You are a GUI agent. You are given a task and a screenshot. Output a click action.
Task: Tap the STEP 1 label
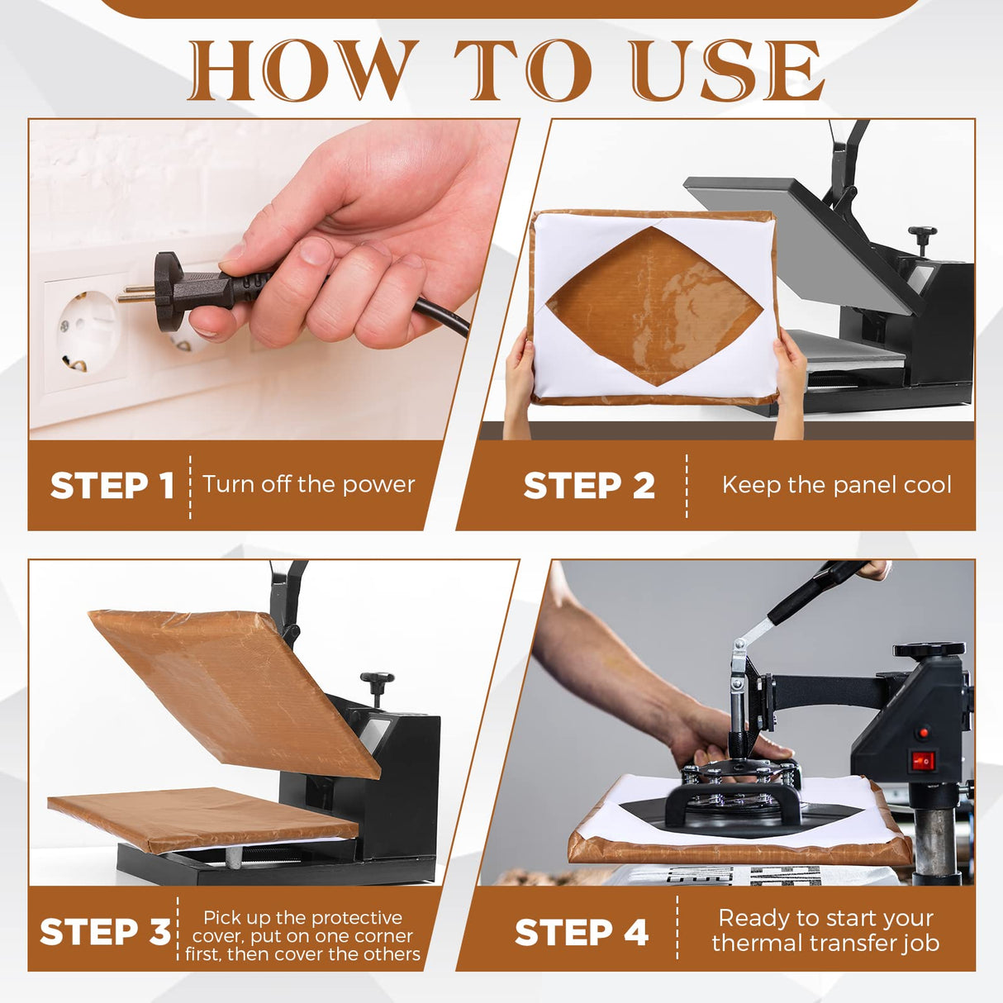coord(112,486)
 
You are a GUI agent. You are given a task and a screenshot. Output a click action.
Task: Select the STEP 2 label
coord(589,486)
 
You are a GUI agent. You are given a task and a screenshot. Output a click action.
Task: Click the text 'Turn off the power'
coord(308,484)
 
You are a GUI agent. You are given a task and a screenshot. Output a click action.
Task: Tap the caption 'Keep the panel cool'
coord(836,485)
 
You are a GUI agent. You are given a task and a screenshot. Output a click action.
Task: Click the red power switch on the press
coord(922,761)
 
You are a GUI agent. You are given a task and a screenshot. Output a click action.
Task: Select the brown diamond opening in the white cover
coord(654,306)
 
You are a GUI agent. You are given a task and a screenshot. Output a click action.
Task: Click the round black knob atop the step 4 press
coord(929,650)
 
